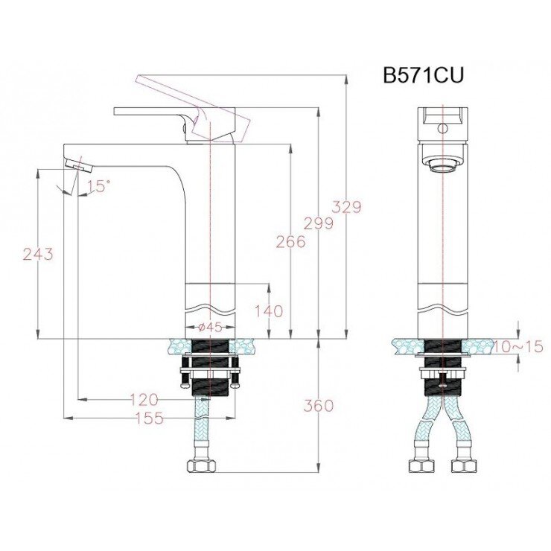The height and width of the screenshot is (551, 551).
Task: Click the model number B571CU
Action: (424, 77)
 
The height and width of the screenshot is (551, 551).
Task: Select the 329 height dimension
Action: (346, 207)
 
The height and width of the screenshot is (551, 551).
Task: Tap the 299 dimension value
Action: (318, 223)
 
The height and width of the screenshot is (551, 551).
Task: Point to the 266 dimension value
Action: (290, 241)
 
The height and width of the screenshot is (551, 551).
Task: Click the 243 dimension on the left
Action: (38, 254)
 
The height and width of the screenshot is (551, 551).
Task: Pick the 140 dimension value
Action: (268, 311)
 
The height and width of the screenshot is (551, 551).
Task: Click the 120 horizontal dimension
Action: (144, 400)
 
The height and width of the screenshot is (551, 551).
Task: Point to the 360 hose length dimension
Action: (319, 406)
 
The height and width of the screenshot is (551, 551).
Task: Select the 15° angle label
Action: (99, 186)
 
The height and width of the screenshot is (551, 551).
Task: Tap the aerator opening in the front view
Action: (443, 165)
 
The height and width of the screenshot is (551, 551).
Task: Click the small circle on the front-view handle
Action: (444, 128)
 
